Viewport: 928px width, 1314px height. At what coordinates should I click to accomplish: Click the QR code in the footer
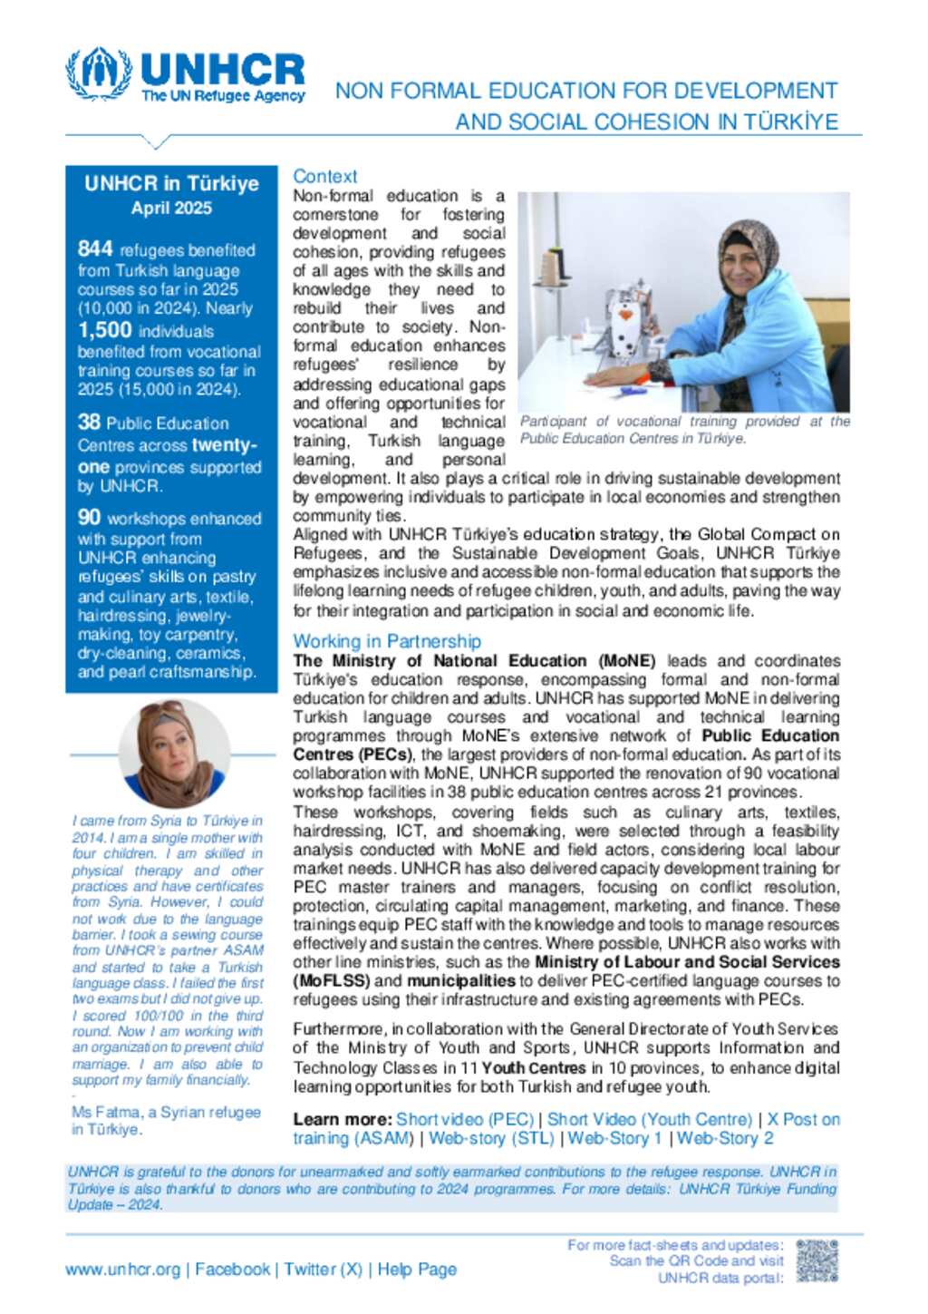pos(817,1261)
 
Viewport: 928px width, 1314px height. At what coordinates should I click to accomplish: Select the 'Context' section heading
pos(324,177)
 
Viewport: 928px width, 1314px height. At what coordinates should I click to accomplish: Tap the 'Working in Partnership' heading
pos(387,641)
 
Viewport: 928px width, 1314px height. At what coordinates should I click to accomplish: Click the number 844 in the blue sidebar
pos(95,248)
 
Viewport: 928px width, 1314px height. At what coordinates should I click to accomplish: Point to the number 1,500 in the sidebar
pos(104,330)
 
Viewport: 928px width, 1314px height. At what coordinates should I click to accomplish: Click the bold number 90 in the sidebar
pos(89,517)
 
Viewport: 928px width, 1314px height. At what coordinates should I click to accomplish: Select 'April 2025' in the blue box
pos(171,208)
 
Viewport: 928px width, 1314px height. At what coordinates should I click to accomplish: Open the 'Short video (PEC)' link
pos(464,1119)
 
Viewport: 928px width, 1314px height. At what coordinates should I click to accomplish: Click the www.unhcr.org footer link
pos(122,1270)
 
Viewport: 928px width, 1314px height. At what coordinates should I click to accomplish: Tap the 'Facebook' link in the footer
pos(232,1270)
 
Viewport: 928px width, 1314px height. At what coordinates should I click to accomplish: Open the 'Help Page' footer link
pos(417,1270)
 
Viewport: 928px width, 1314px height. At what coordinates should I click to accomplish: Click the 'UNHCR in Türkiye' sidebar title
pos(171,183)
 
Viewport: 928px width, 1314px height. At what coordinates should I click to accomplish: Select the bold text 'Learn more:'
pos(342,1119)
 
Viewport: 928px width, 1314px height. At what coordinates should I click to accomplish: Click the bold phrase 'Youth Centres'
pos(534,1067)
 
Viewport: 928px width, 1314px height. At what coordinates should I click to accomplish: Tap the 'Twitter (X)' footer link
pos(323,1270)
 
